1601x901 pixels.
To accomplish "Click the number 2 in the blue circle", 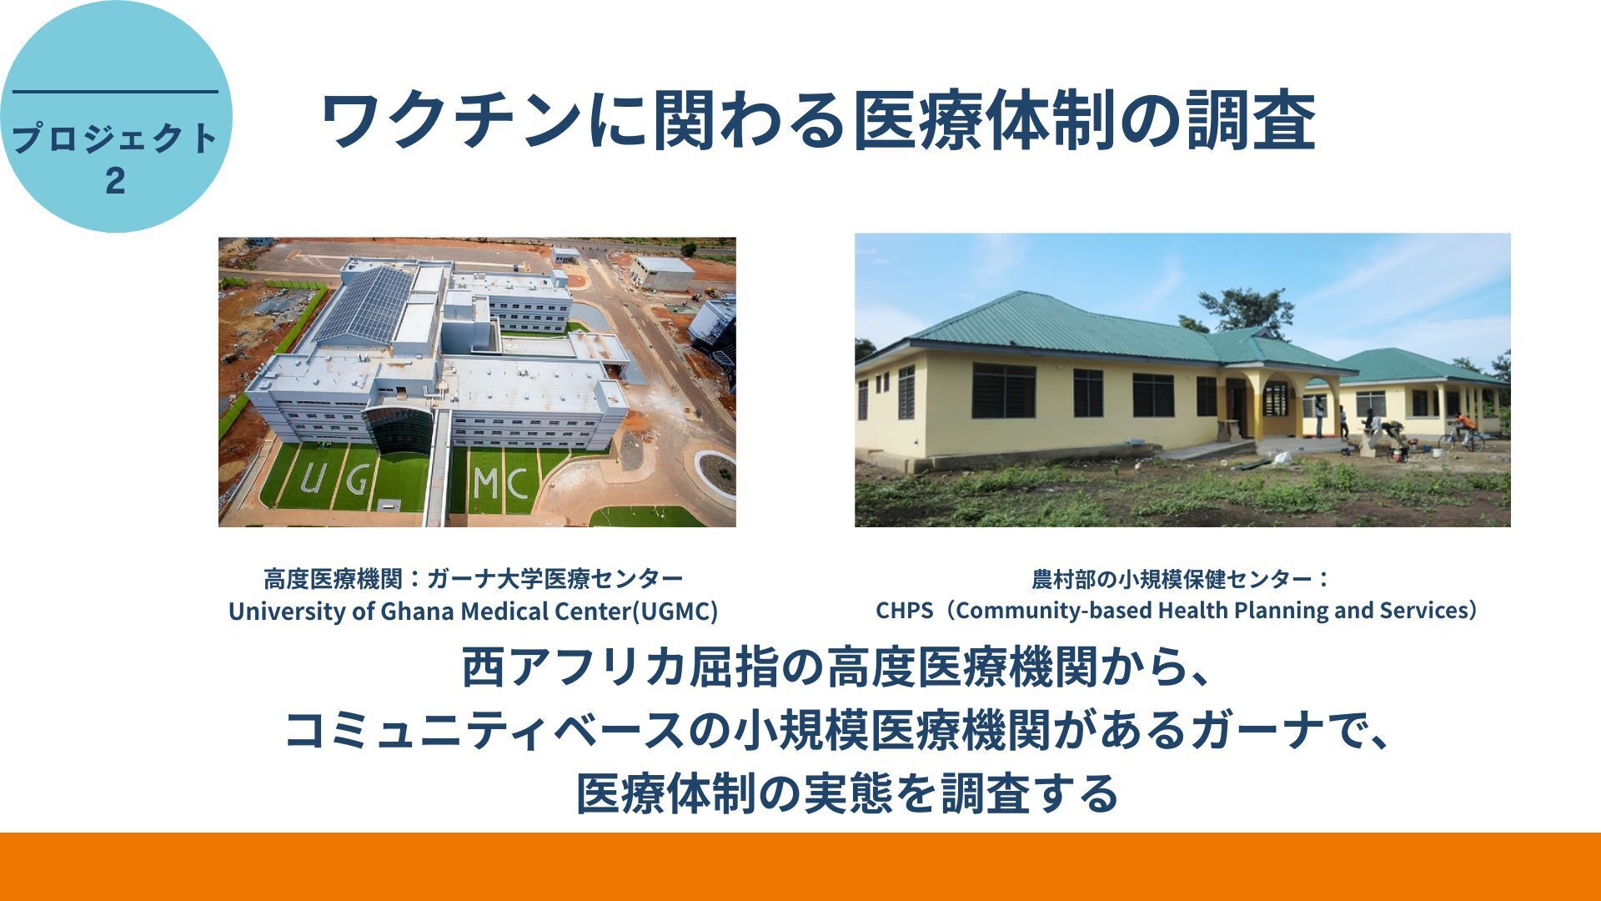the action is tap(116, 180).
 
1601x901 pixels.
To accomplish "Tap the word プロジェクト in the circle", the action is tap(116, 138).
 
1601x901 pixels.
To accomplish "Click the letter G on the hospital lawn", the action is tap(357, 480).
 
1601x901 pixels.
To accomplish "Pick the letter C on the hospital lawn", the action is tap(516, 485).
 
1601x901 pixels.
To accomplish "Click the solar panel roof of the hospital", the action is tap(367, 303).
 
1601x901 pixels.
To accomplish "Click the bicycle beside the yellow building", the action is tap(1460, 435).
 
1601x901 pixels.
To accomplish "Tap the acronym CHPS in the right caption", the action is tap(904, 611).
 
